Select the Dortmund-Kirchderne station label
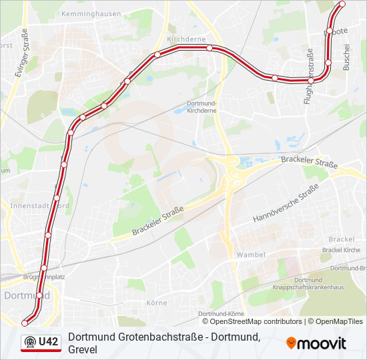(202, 107)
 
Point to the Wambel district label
(251, 255)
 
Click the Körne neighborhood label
(156, 302)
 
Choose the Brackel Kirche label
(340, 250)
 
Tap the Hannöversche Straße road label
(285, 205)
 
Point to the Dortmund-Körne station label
(221, 313)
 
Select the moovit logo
(316, 343)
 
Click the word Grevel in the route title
(83, 349)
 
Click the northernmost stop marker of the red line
(343, 5)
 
